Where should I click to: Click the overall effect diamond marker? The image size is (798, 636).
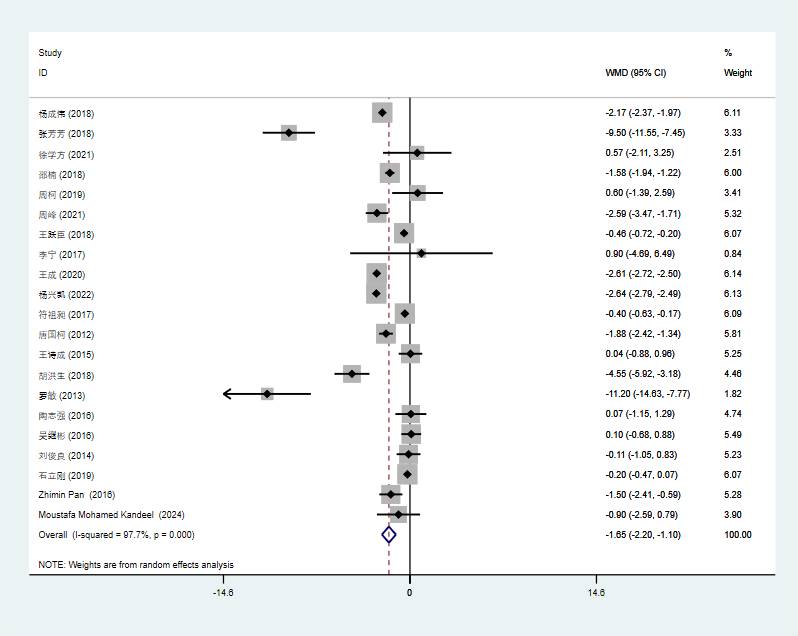389,535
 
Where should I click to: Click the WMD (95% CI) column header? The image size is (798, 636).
635,73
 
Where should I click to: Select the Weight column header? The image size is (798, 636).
737,73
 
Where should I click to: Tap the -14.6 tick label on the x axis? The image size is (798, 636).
222,593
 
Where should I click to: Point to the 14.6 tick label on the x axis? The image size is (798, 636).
596,593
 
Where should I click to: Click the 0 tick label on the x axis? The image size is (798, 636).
409,593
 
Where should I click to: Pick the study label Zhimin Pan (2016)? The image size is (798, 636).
77,495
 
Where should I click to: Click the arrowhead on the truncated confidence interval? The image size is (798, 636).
227,394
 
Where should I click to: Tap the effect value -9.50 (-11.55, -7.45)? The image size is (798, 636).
645,133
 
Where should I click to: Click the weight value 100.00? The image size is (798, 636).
737,535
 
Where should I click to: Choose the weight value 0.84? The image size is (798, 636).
732,254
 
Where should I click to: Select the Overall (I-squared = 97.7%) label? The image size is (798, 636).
116,535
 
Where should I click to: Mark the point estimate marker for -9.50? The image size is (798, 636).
289,133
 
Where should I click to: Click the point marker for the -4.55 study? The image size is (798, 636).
352,374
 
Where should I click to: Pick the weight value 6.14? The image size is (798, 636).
732,274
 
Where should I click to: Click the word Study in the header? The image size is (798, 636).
50,52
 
